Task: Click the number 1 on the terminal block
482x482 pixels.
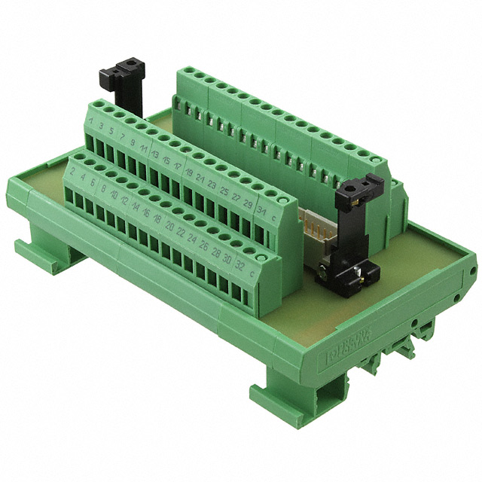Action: pos(92,121)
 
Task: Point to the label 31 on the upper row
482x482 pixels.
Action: pos(261,210)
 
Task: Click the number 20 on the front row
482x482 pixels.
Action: pos(169,227)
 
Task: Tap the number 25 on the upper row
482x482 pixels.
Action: pos(224,191)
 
